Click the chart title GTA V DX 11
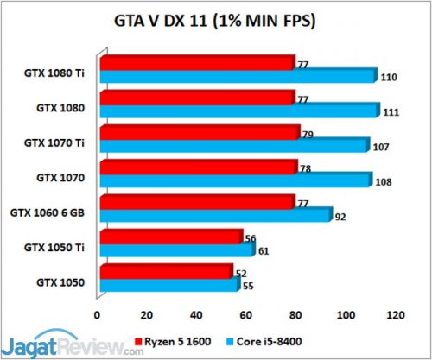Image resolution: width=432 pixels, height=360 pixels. coord(215,20)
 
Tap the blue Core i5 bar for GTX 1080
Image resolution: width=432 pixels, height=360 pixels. coord(239,111)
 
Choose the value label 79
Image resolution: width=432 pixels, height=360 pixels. coord(309,134)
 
